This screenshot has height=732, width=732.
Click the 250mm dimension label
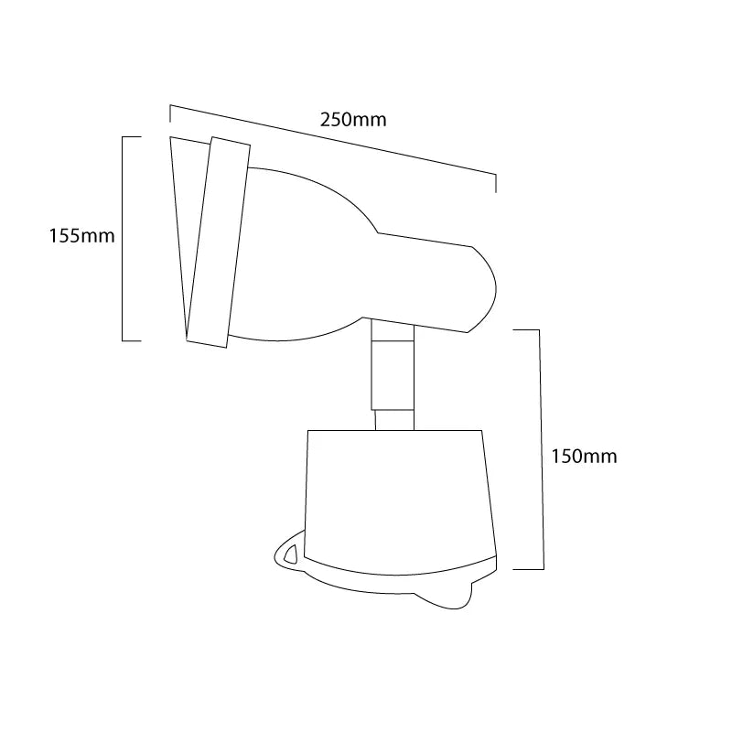point(353,120)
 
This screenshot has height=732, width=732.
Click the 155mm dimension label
point(81,236)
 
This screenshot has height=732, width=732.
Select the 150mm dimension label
point(584,457)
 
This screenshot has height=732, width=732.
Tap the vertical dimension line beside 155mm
point(123,238)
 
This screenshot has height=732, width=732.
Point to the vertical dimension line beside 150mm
point(544,448)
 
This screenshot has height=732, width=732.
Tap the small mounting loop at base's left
point(286,553)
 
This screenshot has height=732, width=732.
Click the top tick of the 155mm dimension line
point(132,136)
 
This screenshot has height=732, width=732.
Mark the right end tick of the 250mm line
point(495,182)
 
